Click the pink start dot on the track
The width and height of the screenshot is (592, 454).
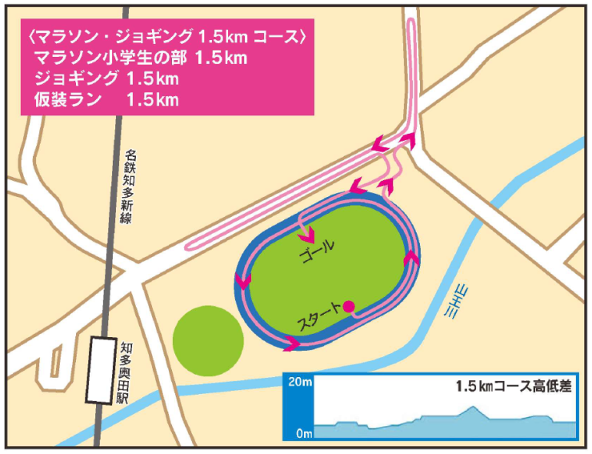349,305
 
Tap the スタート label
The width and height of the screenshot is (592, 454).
318,317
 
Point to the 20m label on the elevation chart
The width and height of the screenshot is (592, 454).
299,382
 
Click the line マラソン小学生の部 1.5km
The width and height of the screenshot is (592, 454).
141,58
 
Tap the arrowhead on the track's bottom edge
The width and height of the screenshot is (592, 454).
291,343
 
